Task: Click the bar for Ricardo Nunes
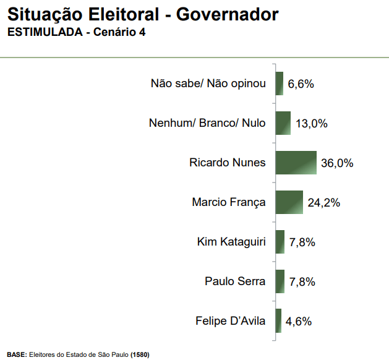(x=296, y=163)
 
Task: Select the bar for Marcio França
(x=289, y=202)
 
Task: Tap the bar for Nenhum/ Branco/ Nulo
(x=283, y=123)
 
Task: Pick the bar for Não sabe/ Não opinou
(x=279, y=84)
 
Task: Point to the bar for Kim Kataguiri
(x=280, y=242)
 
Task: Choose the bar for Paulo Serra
(x=280, y=281)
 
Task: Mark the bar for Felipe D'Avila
(x=278, y=321)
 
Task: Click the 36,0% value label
(x=337, y=163)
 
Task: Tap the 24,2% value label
(x=323, y=203)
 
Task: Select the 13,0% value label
(x=311, y=124)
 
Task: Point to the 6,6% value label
(x=301, y=84)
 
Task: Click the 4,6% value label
(x=298, y=322)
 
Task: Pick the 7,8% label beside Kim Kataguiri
(x=302, y=242)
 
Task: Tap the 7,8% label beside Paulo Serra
(x=302, y=282)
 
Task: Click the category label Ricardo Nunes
(x=227, y=163)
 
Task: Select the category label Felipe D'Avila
(x=230, y=321)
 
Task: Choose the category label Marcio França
(x=229, y=202)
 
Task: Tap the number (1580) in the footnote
(x=140, y=354)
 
